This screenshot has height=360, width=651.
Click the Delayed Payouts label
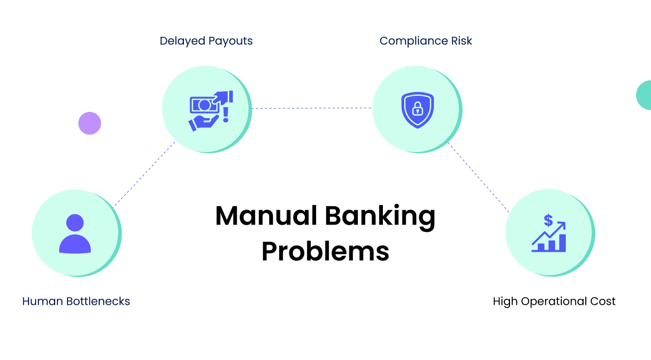tap(206, 41)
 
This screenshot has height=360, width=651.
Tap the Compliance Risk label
tap(426, 41)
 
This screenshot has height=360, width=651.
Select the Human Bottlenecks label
tap(76, 301)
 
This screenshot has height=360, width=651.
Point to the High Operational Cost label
tap(554, 301)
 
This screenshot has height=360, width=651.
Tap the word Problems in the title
tap(325, 251)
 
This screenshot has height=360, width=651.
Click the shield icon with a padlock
tap(417, 110)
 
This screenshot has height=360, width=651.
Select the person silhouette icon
tap(75, 234)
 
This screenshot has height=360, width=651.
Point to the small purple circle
tap(90, 123)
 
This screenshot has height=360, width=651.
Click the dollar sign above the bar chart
tap(548, 221)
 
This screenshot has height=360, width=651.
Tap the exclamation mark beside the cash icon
tap(226, 114)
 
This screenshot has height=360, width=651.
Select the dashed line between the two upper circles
tap(312, 108)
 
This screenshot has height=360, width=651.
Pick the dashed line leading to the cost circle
tap(478, 177)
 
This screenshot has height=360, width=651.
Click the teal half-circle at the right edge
tap(644, 95)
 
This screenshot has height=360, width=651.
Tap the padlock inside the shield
tap(417, 110)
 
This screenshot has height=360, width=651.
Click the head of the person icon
tap(75, 223)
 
